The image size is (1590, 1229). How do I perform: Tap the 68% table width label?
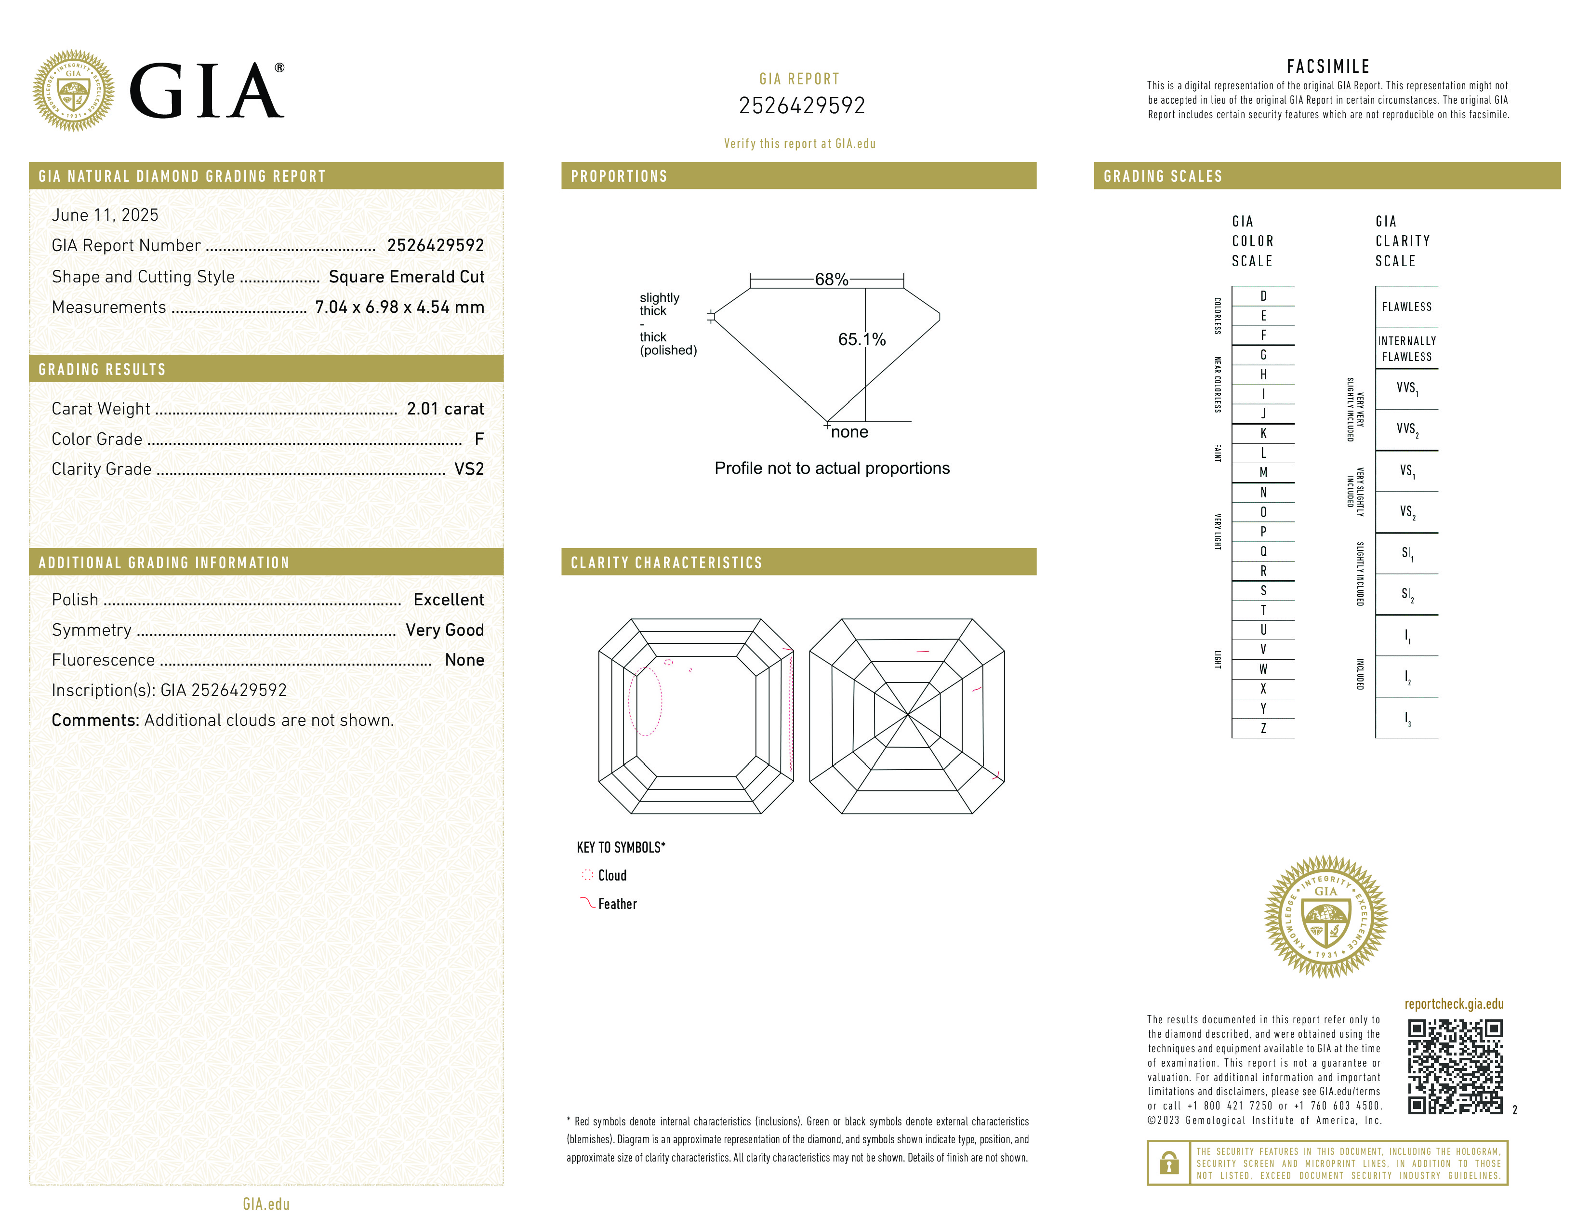click(832, 280)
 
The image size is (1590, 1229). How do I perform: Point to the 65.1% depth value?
click(861, 339)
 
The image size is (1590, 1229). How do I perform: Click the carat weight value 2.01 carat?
click(445, 409)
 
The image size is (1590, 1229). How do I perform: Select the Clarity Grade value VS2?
click(469, 469)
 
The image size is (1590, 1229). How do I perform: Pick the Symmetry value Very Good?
click(444, 630)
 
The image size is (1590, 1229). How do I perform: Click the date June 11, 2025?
click(105, 215)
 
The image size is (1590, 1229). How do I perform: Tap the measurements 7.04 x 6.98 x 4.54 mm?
click(399, 307)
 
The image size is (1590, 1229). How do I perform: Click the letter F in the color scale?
click(1263, 335)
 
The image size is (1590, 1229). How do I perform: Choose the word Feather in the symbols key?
click(617, 904)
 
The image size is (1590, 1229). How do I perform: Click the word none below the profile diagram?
click(849, 432)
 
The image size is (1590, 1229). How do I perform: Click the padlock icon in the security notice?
click(1168, 1163)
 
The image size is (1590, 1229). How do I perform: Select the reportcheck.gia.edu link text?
click(1453, 1004)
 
